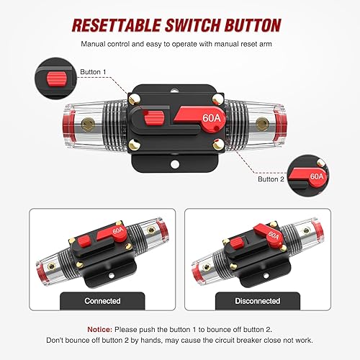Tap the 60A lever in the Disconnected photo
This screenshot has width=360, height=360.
[253, 232]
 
